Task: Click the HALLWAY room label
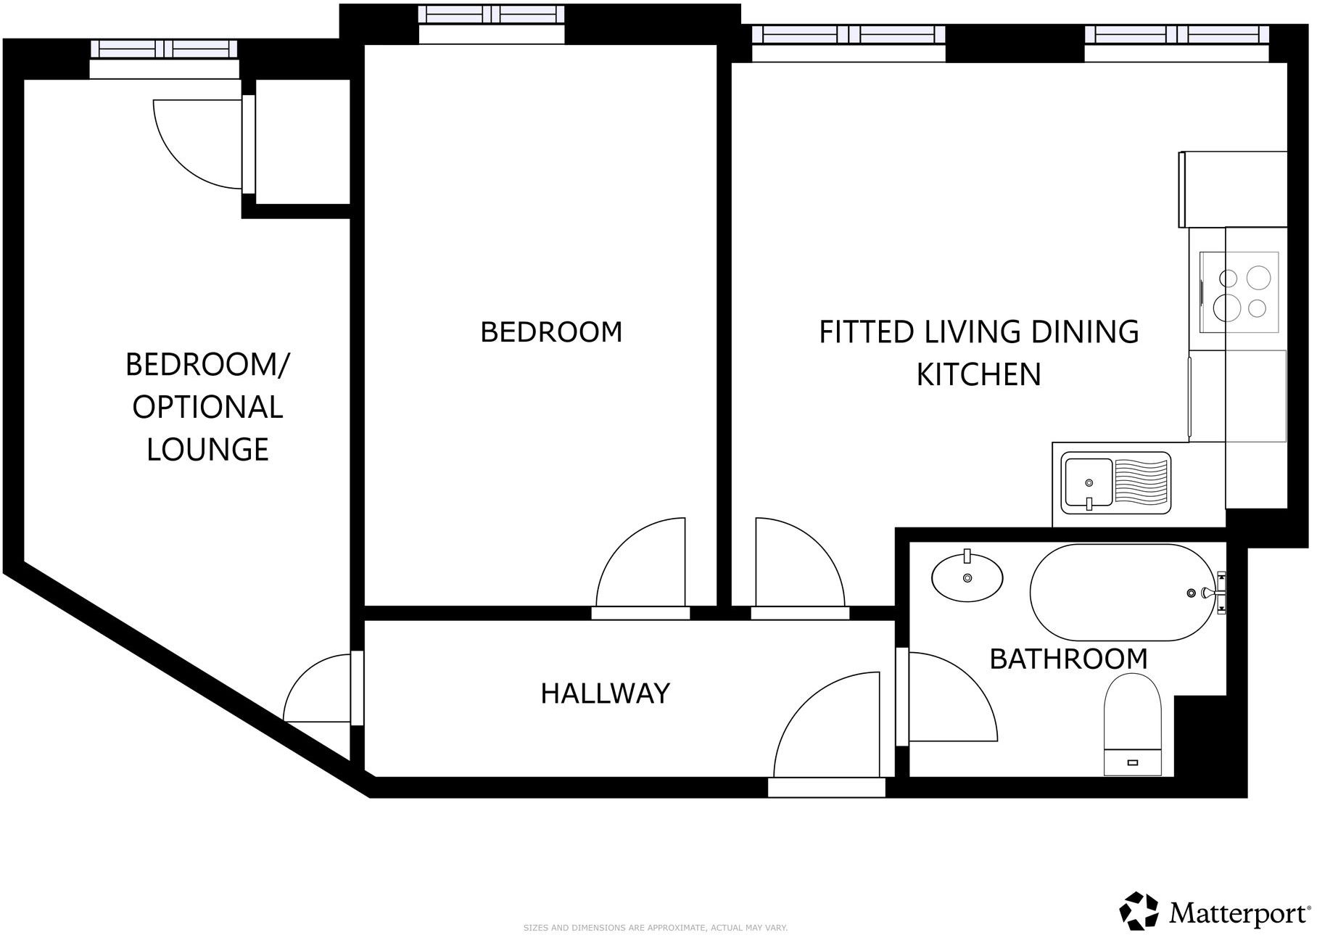point(605,693)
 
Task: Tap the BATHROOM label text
point(1068,659)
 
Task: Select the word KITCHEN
point(978,374)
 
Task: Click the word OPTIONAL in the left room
point(207,407)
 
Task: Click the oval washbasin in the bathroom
point(967,577)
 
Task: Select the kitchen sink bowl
point(1087,482)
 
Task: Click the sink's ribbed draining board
point(1141,482)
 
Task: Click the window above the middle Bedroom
point(492,15)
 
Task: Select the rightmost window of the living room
point(1176,34)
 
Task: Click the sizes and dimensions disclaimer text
point(655,928)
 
